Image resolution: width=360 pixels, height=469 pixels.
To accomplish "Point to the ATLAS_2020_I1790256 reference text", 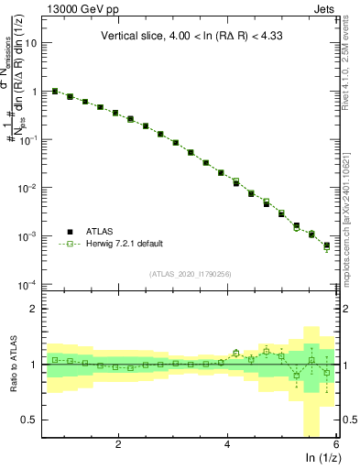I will [x=190, y=273].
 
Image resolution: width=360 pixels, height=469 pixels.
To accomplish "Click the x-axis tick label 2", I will [x=118, y=444].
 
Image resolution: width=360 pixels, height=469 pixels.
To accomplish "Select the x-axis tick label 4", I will [x=227, y=444].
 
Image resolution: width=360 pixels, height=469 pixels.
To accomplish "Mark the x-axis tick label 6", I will [x=336, y=444].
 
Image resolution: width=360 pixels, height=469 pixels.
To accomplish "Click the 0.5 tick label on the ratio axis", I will [x=31, y=420].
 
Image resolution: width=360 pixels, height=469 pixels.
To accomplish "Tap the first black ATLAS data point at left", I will [x=55, y=91].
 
